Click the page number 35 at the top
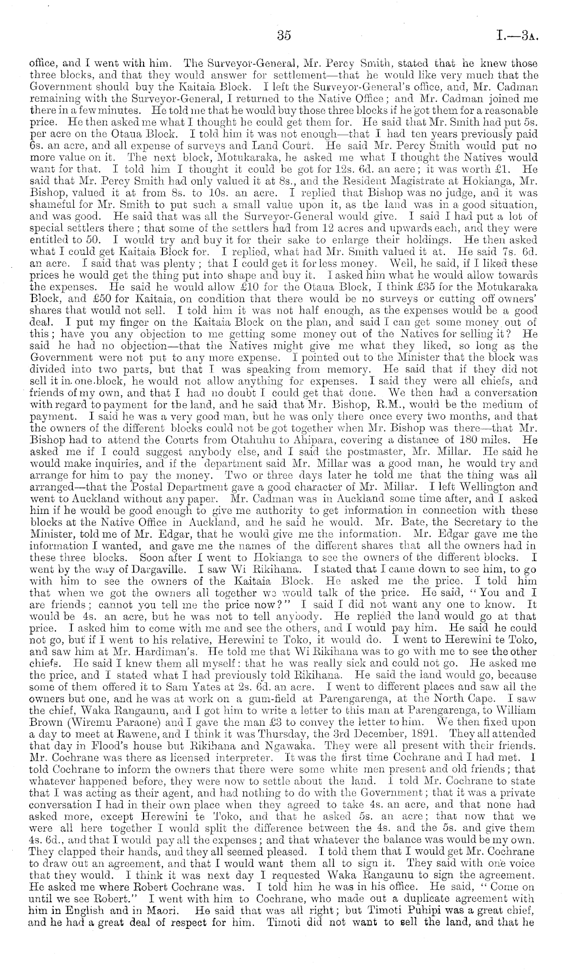click(283, 35)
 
